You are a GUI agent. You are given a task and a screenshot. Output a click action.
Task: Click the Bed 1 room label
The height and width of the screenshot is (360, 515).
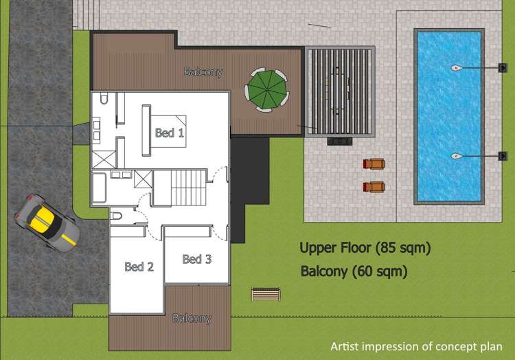(169, 133)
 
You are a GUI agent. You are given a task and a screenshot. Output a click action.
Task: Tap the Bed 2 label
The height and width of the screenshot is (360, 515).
(139, 267)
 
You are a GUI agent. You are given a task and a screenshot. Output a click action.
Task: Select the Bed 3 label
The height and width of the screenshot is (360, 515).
(196, 259)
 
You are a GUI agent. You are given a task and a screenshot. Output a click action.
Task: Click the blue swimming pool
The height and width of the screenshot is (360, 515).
(448, 115)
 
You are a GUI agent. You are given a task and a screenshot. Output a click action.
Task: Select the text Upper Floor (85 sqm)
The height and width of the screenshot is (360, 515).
(365, 248)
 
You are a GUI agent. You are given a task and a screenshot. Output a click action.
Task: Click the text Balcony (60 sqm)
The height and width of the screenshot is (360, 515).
(354, 271)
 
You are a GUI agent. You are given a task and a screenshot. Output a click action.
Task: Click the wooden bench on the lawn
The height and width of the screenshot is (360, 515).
(266, 295)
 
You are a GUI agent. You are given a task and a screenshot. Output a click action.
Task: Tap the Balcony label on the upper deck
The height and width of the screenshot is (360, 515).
(203, 71)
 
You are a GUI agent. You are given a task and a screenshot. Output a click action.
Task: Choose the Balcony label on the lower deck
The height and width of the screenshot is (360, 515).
(192, 319)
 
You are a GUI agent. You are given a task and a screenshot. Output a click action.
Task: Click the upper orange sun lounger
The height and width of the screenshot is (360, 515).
(374, 164)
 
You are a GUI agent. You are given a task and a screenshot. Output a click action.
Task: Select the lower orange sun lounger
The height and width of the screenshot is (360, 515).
(374, 187)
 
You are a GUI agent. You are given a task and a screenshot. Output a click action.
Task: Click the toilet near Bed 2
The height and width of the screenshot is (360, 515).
(116, 216)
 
